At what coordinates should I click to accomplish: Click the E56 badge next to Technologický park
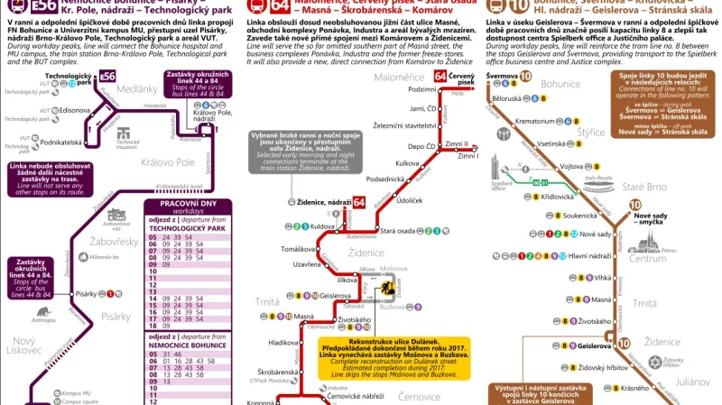pyautogui.click(x=108, y=76)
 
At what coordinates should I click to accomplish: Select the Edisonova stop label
pyautogui.click(x=61, y=110)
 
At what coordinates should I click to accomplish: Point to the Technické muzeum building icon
pyautogui.click(x=126, y=135)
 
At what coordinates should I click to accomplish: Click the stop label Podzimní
pyautogui.click(x=421, y=89)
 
